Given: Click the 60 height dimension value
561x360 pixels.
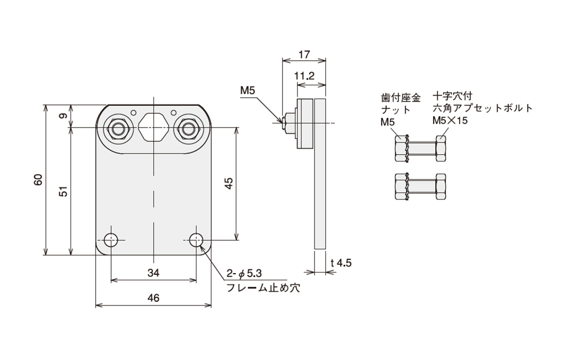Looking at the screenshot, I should (38, 180).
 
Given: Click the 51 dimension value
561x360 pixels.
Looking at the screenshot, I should (63, 191).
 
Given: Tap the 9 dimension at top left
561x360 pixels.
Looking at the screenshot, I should (63, 116).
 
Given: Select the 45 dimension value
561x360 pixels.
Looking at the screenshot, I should (229, 183).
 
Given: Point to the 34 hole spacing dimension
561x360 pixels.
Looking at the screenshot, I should (153, 273).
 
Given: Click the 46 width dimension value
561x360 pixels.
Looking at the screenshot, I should (153, 298).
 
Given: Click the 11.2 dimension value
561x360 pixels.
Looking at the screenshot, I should (305, 76).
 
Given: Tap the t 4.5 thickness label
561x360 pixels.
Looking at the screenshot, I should (341, 263).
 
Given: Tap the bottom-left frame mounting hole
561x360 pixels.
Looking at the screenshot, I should (111, 240).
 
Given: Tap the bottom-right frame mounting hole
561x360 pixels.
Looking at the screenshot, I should (196, 240).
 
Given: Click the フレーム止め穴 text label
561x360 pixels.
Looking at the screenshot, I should (263, 287).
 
